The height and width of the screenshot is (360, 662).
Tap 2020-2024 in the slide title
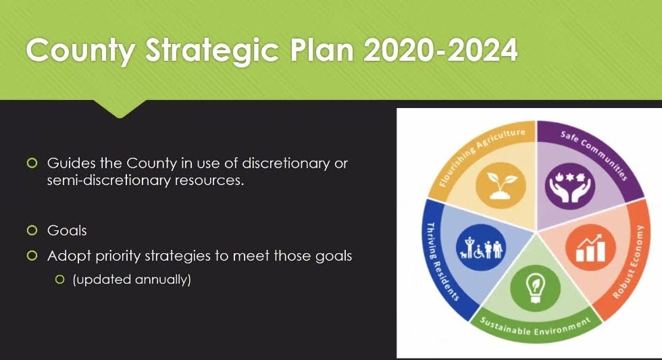440,50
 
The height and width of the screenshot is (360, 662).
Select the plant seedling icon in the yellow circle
501,185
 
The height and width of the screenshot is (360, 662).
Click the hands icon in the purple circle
570,185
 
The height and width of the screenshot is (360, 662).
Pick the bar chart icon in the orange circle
590,248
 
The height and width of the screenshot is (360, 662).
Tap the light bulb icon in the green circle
535,288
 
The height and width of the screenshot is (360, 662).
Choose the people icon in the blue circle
481,247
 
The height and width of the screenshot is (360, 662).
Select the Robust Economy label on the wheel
629,262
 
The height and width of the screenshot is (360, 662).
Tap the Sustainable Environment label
535,327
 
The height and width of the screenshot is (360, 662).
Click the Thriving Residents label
441,261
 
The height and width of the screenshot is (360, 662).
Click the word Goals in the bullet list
67,230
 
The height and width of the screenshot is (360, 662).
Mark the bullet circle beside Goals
32,230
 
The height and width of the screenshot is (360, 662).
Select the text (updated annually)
132,280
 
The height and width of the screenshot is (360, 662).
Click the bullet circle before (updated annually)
60,280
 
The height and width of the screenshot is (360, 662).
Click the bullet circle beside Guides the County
32,163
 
